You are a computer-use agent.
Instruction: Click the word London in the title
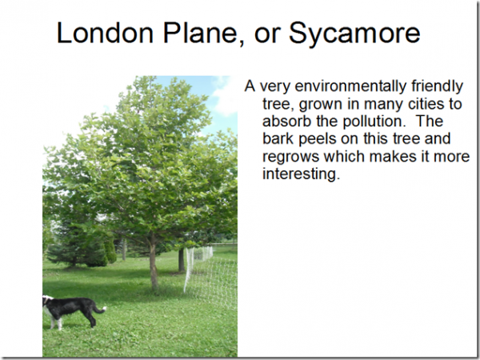[x=105, y=33]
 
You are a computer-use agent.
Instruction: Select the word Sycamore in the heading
[x=354, y=34]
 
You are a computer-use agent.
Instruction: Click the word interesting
[x=302, y=174]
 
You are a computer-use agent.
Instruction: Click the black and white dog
[x=74, y=311]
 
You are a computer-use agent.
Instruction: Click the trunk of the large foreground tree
[x=153, y=263]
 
